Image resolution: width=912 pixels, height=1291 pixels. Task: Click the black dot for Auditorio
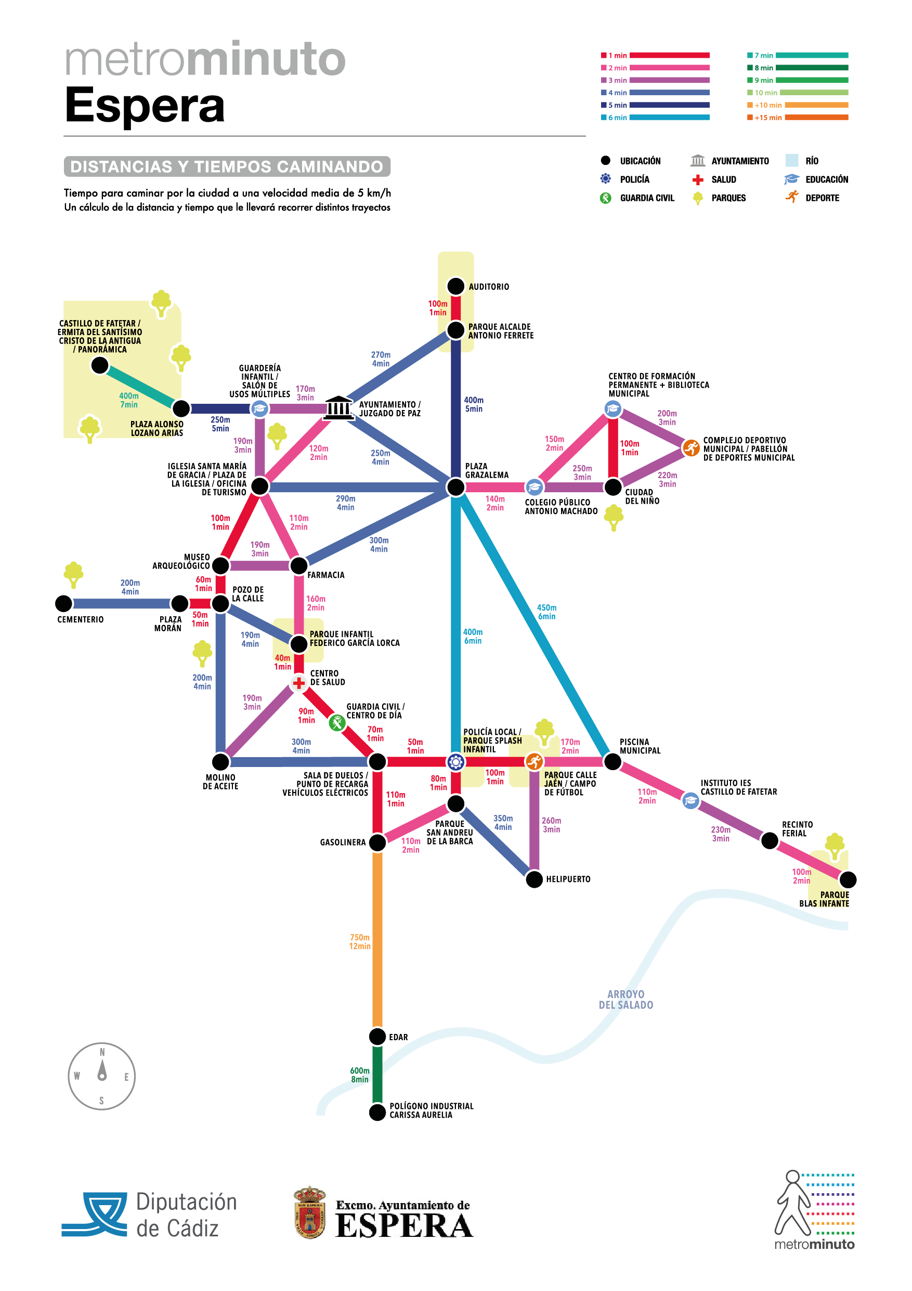coord(455,286)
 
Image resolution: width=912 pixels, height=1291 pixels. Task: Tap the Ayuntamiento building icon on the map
coord(338,407)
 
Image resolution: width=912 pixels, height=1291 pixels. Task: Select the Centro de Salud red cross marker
coord(299,683)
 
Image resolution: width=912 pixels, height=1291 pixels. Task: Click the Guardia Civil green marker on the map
coord(337,723)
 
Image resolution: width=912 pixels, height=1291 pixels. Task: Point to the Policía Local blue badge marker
coord(455,762)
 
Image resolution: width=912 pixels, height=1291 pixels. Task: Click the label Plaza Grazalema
coord(487,470)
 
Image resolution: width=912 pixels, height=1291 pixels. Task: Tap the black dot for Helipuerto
coord(534,879)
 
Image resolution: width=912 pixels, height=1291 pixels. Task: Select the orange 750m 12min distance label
coord(360,942)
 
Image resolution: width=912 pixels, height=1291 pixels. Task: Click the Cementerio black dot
coord(64,603)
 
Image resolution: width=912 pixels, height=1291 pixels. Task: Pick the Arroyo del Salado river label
coord(626,1000)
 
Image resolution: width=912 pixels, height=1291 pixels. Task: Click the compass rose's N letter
coord(102,1052)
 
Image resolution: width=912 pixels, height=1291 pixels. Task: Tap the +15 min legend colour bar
coord(816,118)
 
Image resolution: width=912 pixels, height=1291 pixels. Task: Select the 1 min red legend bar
coord(669,56)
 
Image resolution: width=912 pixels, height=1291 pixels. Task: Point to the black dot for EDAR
coord(377,1036)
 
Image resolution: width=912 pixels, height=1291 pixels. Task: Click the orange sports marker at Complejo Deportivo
coord(690,448)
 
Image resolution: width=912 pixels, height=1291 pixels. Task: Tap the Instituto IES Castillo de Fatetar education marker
coord(690,801)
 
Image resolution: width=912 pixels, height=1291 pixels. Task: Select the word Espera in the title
coord(145,105)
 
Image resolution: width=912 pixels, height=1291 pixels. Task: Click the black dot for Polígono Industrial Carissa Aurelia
coord(377,1111)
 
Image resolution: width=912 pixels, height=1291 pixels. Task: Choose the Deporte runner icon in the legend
coord(792,197)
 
